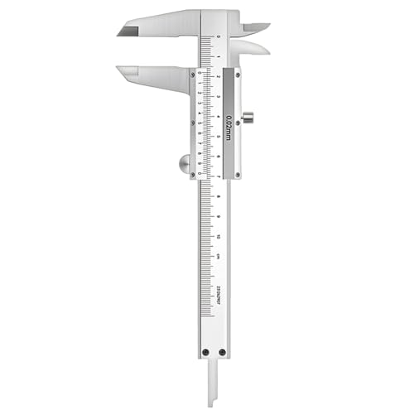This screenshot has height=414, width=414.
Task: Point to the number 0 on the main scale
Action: pos(218,37)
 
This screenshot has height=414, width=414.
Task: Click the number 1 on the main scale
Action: pos(218,57)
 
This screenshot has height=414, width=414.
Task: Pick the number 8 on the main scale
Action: pos(218,196)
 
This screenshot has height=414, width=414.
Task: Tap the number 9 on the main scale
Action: pos(218,216)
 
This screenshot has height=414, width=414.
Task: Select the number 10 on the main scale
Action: pos(218,236)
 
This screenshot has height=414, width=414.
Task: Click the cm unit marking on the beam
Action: pos(218,256)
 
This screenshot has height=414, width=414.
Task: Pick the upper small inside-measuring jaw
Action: pos(253,27)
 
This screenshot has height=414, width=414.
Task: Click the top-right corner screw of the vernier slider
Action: pos(238,74)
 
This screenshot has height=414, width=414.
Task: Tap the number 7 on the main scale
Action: pos(218,176)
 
